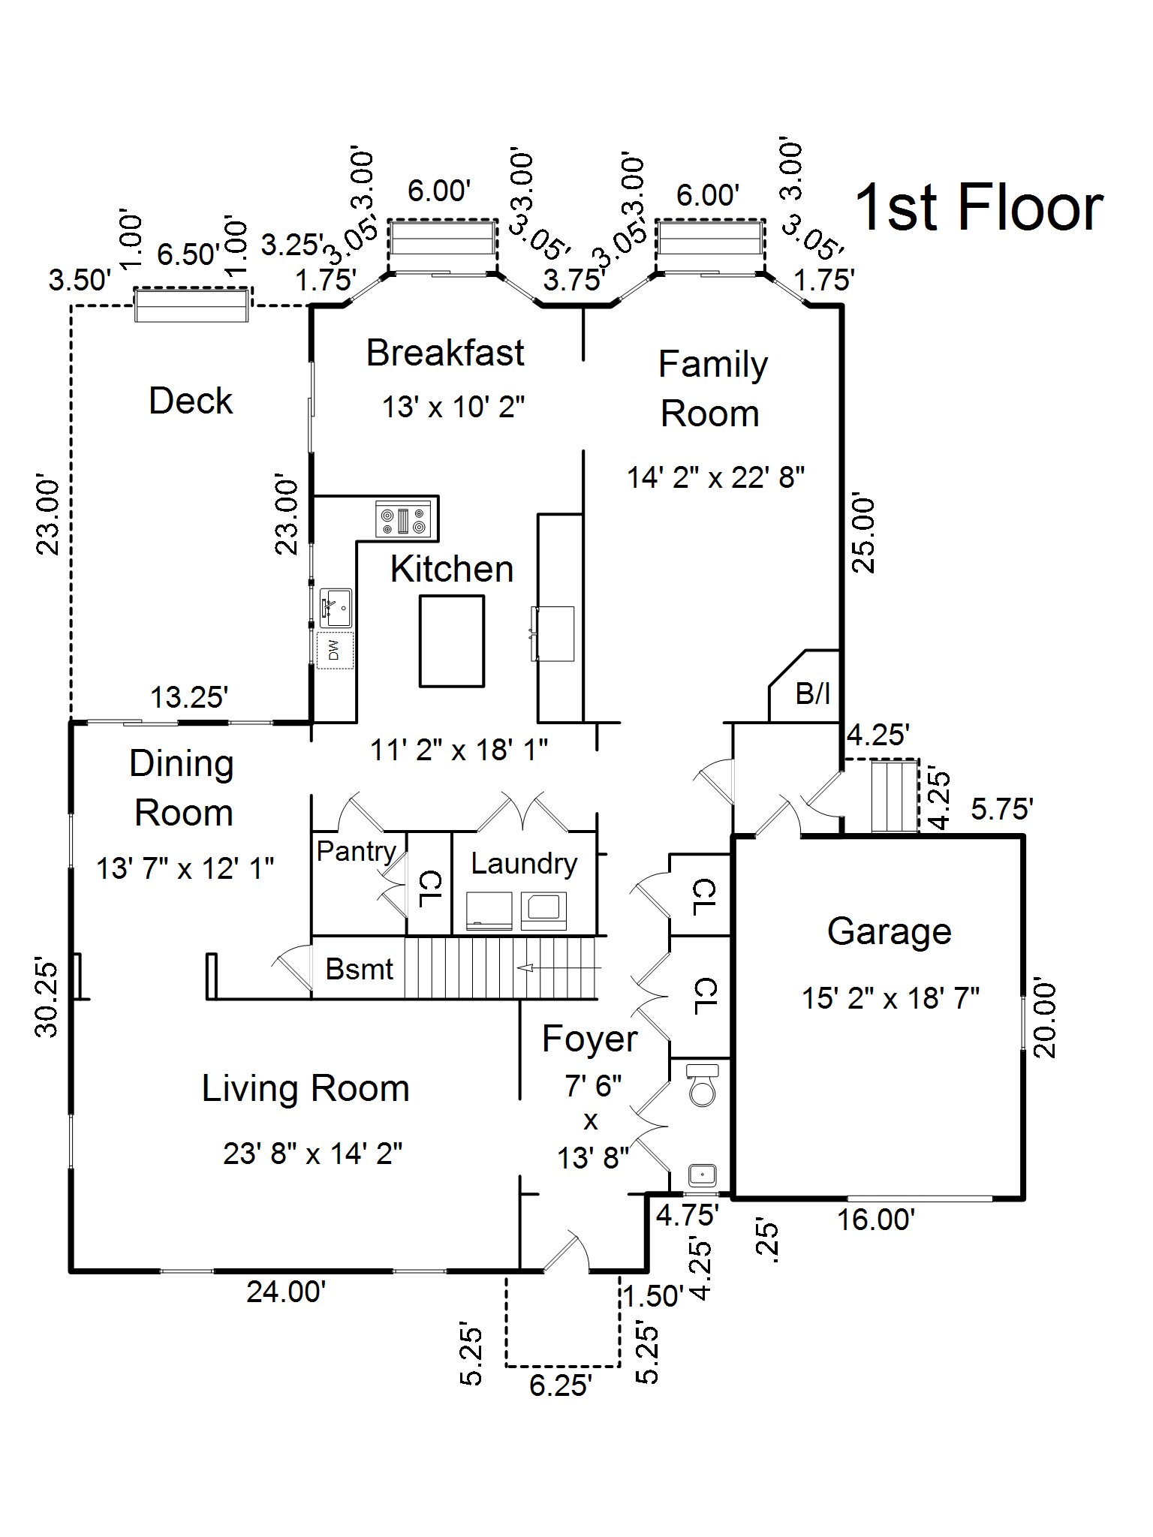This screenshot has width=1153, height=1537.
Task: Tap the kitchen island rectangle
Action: pyautogui.click(x=451, y=641)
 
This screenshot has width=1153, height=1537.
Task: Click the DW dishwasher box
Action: pyautogui.click(x=334, y=650)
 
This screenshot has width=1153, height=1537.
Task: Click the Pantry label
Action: pyautogui.click(x=356, y=851)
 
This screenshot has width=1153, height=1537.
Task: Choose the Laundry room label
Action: pyautogui.click(x=524, y=863)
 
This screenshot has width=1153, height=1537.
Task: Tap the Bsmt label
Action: pyautogui.click(x=359, y=969)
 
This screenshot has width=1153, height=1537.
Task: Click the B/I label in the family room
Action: pyautogui.click(x=812, y=693)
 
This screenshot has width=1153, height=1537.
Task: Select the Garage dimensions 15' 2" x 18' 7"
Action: pyautogui.click(x=890, y=998)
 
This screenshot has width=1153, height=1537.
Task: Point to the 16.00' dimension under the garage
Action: pyautogui.click(x=876, y=1220)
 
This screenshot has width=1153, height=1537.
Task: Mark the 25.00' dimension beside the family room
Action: pyautogui.click(x=865, y=534)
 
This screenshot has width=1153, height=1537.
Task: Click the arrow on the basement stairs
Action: pyautogui.click(x=525, y=968)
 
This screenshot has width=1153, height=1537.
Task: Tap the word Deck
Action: pyautogui.click(x=191, y=401)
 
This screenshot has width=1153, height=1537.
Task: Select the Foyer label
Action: pyautogui.click(x=590, y=1039)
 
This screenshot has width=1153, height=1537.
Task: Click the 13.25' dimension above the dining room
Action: pyautogui.click(x=189, y=697)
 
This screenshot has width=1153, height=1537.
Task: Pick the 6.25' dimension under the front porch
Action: pyautogui.click(x=561, y=1385)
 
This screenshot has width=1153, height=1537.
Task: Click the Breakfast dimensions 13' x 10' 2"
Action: pyautogui.click(x=453, y=407)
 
